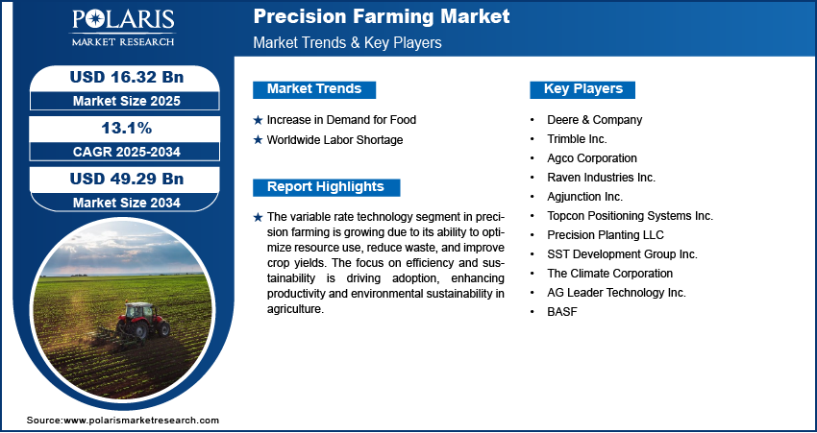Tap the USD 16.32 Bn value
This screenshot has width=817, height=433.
127,78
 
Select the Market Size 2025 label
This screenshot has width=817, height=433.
127,101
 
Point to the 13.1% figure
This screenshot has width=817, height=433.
127,128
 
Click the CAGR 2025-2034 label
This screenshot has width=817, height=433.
127,152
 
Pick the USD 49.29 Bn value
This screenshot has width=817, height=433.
127,179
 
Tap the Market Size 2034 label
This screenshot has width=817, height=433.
127,203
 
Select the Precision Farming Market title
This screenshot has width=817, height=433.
382,16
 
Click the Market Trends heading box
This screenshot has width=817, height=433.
314,89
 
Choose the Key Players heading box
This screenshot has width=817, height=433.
582,89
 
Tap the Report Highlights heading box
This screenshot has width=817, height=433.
326,187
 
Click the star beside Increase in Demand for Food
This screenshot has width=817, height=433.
258,120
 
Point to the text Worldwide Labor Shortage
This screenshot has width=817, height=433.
335,140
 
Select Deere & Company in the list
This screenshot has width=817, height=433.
595,120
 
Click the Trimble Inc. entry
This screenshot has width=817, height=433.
577,139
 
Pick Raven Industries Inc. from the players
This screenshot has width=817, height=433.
602,178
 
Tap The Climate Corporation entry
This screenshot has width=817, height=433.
609,274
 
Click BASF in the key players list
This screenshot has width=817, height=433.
562,312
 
